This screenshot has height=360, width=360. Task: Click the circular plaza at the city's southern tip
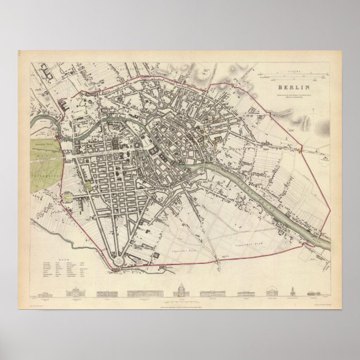click(120, 259)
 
